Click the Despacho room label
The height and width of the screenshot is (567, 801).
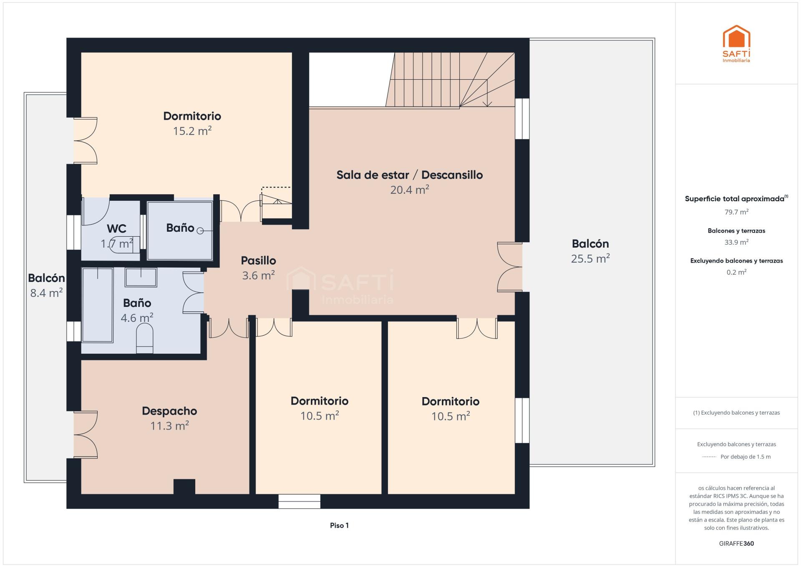[x=169, y=411]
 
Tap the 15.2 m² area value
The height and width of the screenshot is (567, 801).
[x=192, y=131]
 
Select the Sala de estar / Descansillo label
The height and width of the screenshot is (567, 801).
[x=410, y=175]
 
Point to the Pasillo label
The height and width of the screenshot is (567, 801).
[x=258, y=261]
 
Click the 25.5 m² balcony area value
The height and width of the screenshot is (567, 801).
[x=590, y=258]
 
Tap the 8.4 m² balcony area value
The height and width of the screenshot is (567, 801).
[x=46, y=293]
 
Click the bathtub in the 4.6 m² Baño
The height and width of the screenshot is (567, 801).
[x=98, y=305]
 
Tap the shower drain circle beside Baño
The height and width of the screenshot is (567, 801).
[x=200, y=230]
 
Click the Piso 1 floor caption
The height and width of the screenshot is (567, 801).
[x=339, y=525]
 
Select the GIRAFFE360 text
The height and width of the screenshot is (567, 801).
[x=736, y=543]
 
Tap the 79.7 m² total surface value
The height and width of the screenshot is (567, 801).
[x=736, y=212]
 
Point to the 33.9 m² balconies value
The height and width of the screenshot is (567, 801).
[x=736, y=242]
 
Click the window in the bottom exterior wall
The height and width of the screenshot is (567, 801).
[x=299, y=501]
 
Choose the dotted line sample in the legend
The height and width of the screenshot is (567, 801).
[x=709, y=457]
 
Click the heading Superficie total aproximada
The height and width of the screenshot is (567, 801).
[x=735, y=199]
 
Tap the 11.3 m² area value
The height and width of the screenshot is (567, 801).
[x=169, y=426]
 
